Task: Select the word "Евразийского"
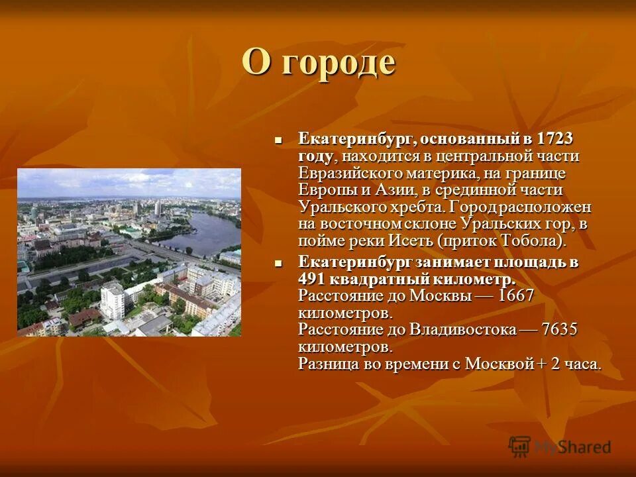pyautogui.click(x=339, y=174)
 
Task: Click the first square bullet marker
pyautogui.click(x=279, y=140)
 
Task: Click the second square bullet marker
pyautogui.click(x=279, y=262)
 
